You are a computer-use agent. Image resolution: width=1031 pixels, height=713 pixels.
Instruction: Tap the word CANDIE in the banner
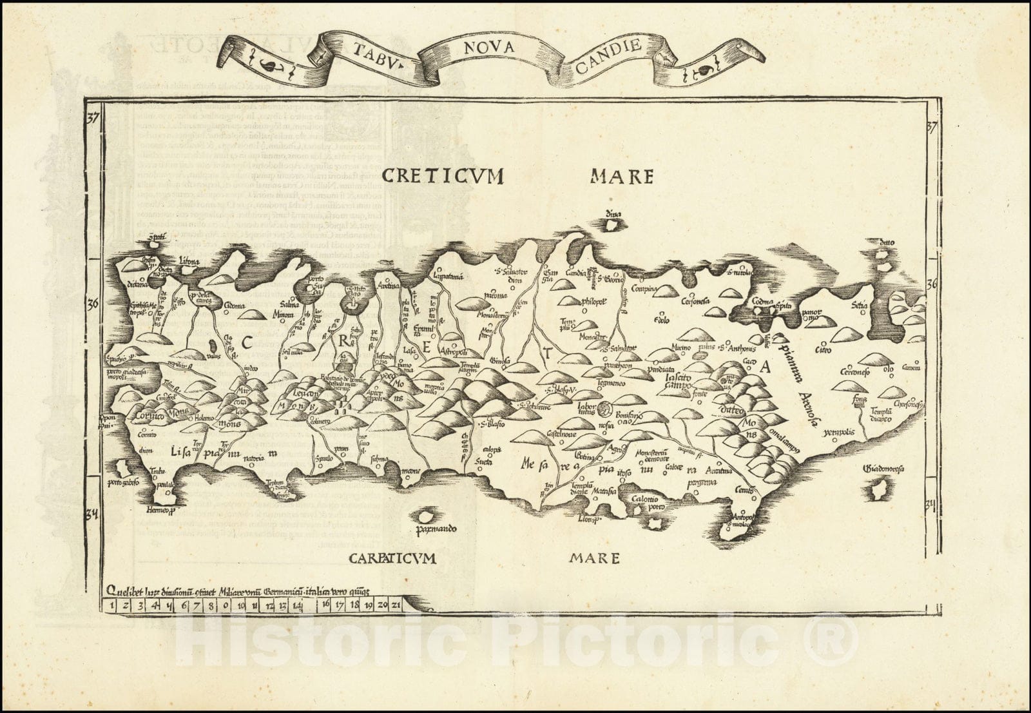tap(613, 46)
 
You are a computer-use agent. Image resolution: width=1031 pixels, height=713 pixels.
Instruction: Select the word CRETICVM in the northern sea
tap(442, 175)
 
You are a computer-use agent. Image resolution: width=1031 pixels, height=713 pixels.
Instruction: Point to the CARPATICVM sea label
tap(392, 558)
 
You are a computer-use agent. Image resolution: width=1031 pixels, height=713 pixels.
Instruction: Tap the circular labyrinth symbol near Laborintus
tap(606, 407)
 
